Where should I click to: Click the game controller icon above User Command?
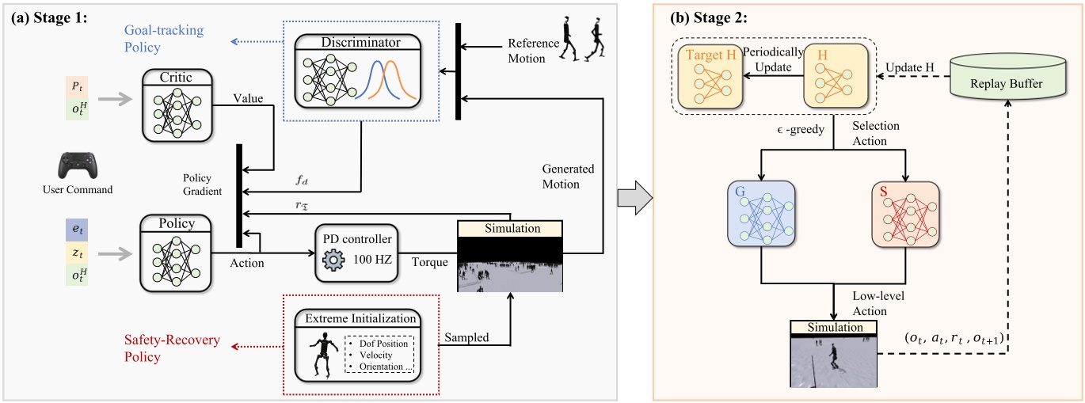77,164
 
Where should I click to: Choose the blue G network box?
761,214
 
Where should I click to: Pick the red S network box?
904,214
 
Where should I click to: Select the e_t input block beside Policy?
76,230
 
